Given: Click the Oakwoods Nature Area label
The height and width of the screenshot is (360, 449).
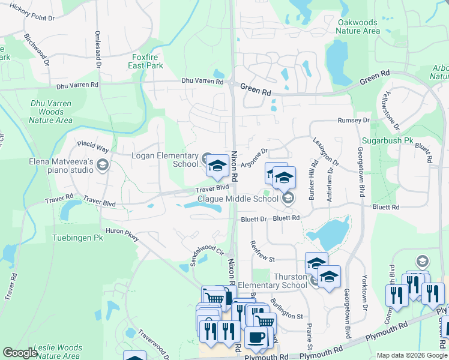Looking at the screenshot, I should (x=358, y=26).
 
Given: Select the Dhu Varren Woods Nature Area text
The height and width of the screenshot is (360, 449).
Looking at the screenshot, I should (x=51, y=112).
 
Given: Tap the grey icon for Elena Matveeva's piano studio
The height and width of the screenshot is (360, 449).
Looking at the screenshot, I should (x=102, y=165).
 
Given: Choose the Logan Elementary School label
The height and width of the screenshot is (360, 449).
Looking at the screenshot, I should (x=164, y=160).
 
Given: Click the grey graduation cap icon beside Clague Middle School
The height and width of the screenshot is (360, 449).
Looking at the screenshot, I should (x=288, y=198).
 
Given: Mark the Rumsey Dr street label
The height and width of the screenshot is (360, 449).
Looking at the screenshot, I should (x=353, y=121).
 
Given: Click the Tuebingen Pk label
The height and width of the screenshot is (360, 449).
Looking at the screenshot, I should (x=77, y=237).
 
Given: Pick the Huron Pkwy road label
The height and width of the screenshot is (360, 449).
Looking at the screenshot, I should (x=122, y=235).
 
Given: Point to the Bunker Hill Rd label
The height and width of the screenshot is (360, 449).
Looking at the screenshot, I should (x=313, y=172).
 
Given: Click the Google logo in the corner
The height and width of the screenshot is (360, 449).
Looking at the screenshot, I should (x=20, y=353).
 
